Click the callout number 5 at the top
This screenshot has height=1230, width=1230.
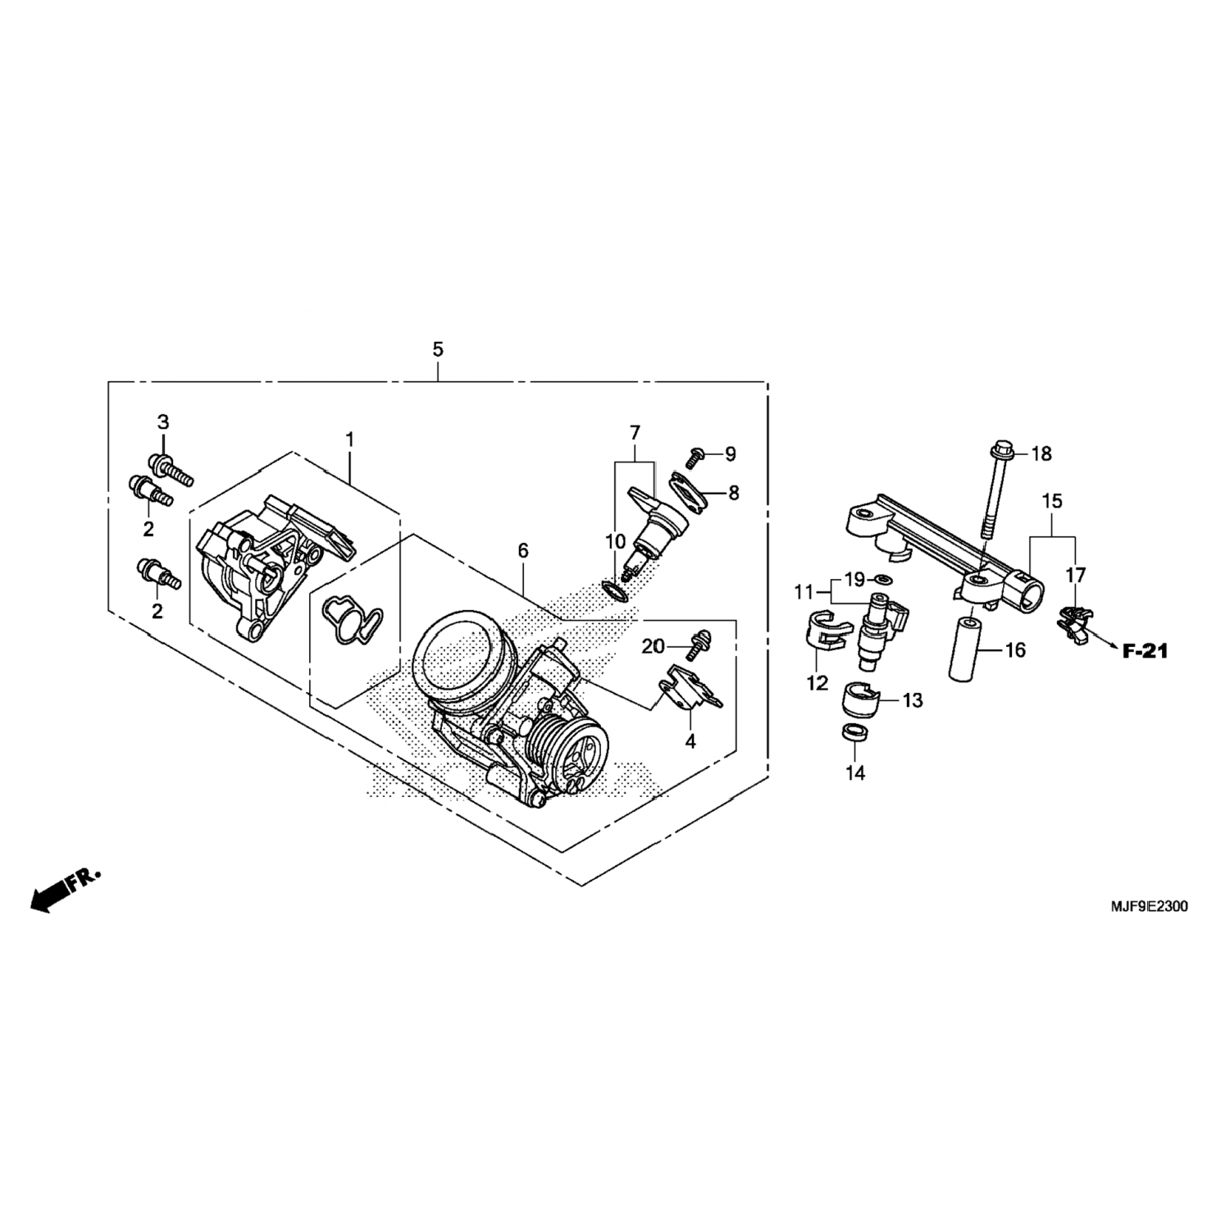coord(438,350)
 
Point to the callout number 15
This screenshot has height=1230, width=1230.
coord(1052,501)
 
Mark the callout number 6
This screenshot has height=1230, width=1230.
coord(523,552)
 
